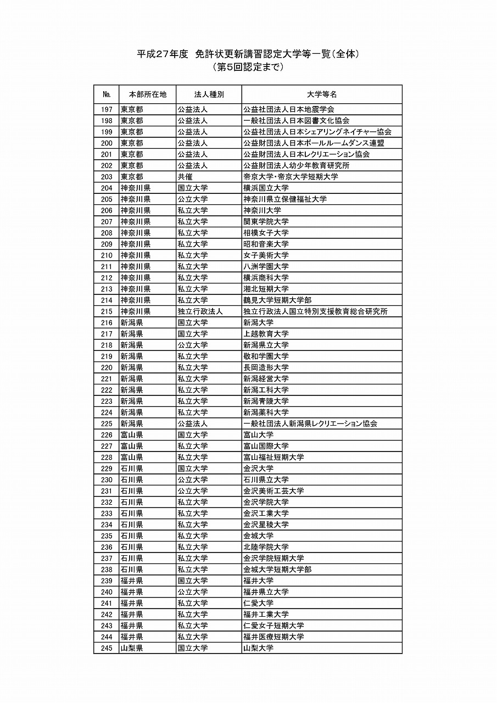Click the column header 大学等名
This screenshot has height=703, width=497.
point(322,94)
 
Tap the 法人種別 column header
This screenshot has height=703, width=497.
point(209,94)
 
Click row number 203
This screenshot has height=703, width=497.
point(107,177)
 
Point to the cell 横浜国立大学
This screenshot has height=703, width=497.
point(266,188)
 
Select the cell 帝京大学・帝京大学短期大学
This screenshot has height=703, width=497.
point(291,177)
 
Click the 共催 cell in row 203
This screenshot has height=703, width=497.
point(185,177)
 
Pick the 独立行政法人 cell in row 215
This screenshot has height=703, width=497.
point(200,311)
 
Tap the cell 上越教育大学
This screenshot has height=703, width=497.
point(266,334)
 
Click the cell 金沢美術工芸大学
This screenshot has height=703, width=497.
point(273,491)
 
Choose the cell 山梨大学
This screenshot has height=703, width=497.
point(258,648)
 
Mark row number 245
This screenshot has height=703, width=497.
point(107,648)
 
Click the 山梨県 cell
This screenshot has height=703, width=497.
point(132,648)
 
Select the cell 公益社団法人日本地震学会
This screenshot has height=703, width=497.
point(289,109)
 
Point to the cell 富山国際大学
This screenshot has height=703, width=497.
point(266,446)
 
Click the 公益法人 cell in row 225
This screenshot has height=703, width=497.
point(192,423)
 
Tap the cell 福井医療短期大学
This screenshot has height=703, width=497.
point(273,637)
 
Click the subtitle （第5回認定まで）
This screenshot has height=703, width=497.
point(248,68)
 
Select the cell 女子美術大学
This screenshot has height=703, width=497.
point(266,255)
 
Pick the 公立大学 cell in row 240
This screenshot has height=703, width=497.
point(192,592)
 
